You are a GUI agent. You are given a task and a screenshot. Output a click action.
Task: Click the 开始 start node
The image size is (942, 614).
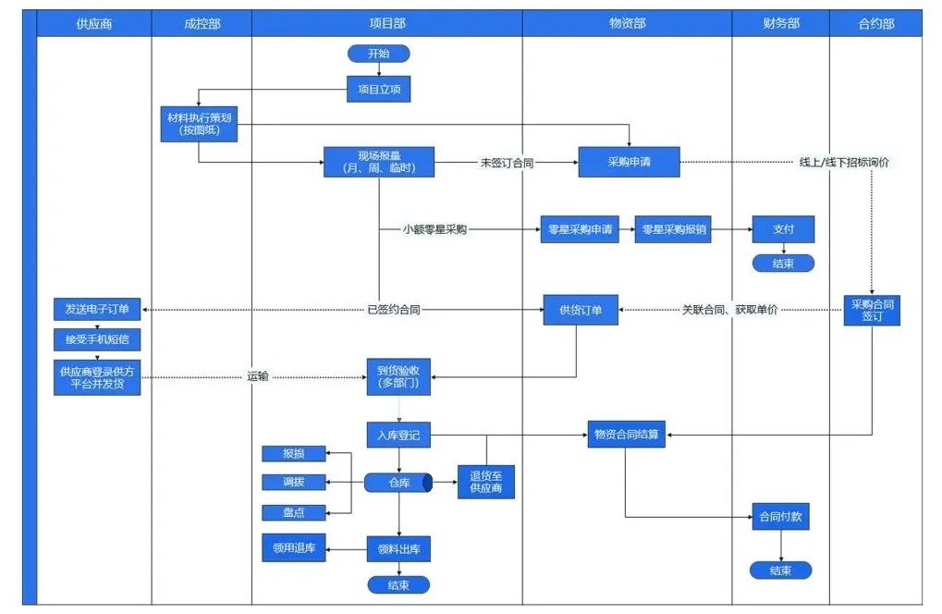378,54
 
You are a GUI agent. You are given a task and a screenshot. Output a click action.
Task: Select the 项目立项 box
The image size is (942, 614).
378,89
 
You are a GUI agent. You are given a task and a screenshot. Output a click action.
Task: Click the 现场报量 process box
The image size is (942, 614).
379,162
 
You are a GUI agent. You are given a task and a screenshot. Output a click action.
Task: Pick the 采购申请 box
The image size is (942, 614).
630,162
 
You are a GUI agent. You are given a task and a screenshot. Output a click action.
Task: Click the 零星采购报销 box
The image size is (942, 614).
673,229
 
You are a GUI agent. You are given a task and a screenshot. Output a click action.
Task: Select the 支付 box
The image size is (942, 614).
782,229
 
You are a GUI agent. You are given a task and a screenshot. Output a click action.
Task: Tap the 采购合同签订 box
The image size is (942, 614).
872,310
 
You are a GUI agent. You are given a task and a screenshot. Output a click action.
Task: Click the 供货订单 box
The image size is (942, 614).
580,310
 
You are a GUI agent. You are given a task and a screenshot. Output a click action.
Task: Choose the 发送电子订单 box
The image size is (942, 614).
96,309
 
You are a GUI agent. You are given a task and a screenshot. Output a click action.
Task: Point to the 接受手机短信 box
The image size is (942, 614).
96,339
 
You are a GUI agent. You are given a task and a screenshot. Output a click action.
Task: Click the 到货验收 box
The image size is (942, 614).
398,377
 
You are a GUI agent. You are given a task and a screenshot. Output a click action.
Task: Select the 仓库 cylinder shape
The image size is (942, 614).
398,483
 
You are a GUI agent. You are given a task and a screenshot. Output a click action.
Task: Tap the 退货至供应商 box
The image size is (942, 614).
485,482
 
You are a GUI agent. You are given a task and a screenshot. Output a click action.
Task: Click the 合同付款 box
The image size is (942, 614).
782,518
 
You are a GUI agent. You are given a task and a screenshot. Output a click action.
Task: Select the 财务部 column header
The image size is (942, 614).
781,23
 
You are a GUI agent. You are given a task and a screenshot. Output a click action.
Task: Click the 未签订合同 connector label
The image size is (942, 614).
508,163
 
